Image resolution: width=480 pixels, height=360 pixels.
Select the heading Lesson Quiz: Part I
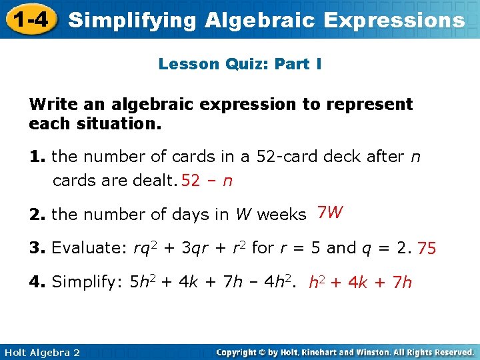tap(240, 64)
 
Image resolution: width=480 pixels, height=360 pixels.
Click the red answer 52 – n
tap(207, 181)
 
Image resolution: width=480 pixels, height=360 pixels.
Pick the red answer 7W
tap(330, 213)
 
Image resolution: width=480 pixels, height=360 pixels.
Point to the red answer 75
tap(427, 249)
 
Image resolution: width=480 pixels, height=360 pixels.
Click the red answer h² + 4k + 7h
tap(360, 283)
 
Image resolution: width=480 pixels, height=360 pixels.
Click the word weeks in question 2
tap(281, 215)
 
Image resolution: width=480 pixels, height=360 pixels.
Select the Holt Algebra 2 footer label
tap(41, 352)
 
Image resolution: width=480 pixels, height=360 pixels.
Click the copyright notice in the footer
tap(345, 352)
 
